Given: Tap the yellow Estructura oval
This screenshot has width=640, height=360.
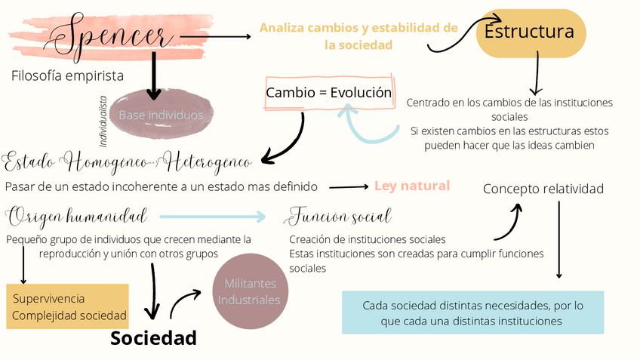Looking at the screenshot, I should [530, 32].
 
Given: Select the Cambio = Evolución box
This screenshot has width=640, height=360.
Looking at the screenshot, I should [329, 94].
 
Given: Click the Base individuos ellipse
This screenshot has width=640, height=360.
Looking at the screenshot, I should [161, 115].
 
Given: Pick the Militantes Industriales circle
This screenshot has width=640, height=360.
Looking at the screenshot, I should [248, 292].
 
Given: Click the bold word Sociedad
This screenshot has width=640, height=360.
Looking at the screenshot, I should [153, 337].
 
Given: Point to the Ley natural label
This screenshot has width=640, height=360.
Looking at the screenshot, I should [411, 186].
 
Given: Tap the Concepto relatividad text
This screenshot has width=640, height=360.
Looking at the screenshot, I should [543, 189].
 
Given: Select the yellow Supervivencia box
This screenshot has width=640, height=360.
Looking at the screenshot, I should [68, 306].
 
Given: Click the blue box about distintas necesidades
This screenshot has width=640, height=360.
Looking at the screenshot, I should [473, 312].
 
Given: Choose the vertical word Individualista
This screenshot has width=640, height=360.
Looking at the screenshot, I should [103, 121].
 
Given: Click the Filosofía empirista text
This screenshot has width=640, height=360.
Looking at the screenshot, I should [67, 75].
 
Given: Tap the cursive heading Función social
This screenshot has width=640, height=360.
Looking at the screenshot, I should [339, 218].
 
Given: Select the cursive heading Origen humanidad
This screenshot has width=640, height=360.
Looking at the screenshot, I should [76, 218].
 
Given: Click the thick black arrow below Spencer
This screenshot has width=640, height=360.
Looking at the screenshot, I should [154, 75].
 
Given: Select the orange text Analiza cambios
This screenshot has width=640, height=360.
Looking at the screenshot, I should [358, 35].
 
